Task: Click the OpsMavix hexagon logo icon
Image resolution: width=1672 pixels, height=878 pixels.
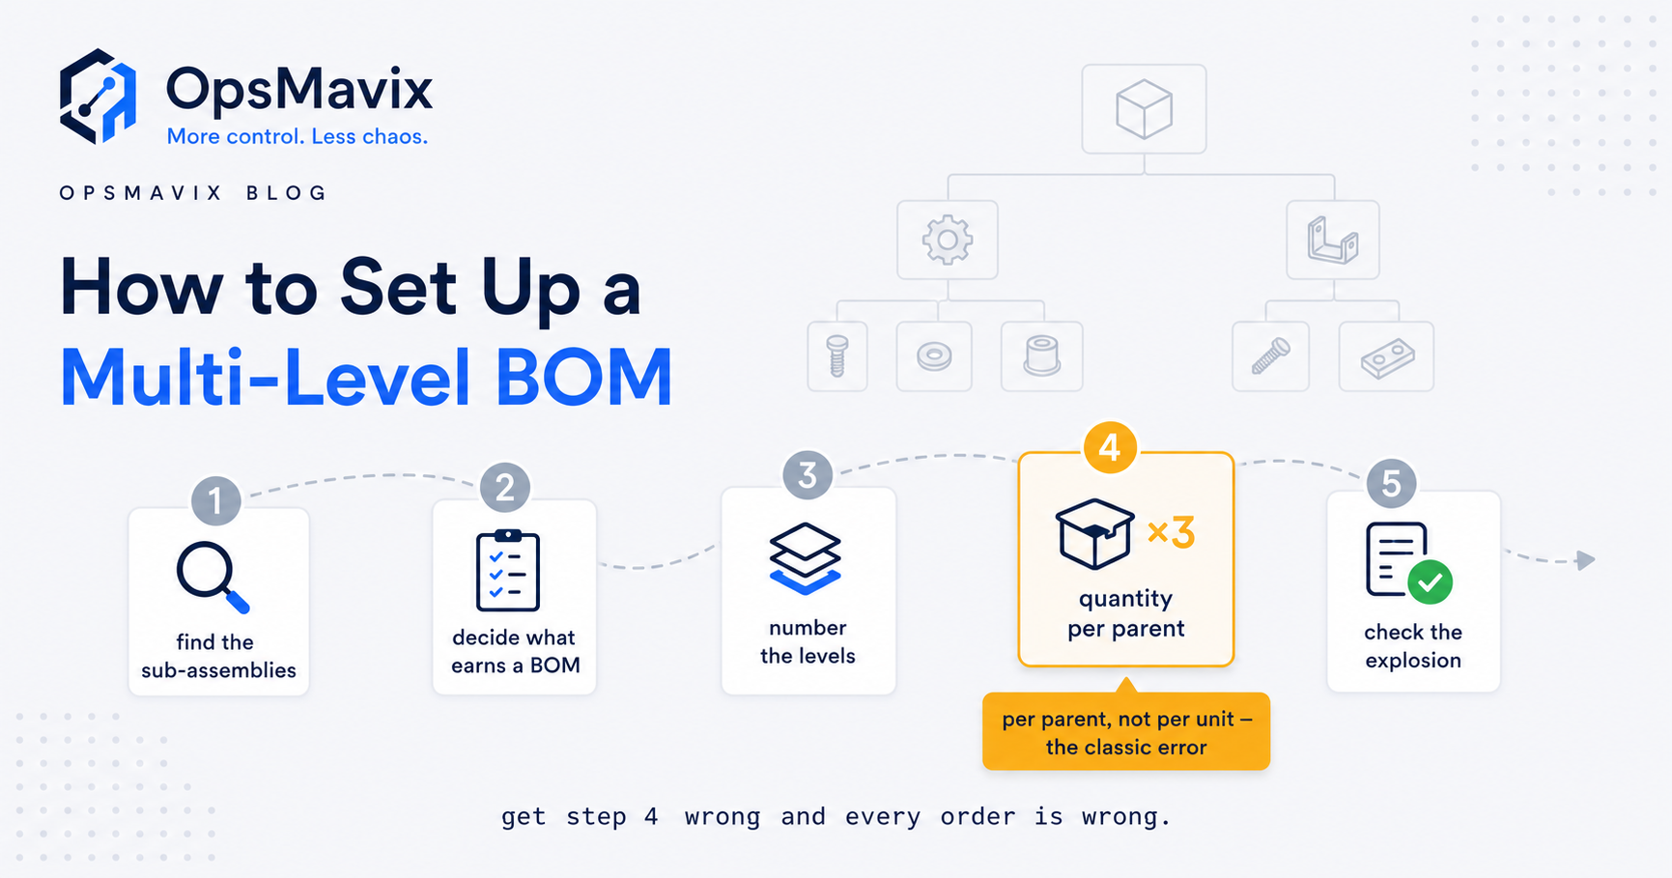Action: (98, 97)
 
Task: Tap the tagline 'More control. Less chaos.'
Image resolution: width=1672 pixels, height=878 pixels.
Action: (298, 136)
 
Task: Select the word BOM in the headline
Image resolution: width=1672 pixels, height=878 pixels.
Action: (583, 378)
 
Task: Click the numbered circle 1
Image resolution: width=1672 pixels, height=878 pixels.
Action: (215, 500)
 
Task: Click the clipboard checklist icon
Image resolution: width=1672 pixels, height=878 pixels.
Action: (508, 570)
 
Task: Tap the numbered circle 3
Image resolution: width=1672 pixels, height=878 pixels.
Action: (808, 474)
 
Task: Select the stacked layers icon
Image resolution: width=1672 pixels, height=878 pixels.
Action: (805, 558)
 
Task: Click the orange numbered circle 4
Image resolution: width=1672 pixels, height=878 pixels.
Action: (1110, 447)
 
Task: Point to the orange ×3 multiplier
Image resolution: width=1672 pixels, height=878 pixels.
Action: (1171, 532)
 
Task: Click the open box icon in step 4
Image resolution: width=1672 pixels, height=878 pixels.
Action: (1094, 533)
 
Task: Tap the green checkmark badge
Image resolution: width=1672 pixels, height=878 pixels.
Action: (1430, 581)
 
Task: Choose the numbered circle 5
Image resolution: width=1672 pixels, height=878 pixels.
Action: (1391, 483)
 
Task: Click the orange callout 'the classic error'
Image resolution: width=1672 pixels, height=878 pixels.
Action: (1126, 731)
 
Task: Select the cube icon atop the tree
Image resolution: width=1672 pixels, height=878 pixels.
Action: (1144, 109)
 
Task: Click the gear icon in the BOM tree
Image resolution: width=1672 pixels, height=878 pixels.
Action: (948, 240)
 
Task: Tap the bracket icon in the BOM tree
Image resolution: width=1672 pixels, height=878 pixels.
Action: (1333, 240)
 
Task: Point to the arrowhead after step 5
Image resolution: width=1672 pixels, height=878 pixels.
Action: (1585, 560)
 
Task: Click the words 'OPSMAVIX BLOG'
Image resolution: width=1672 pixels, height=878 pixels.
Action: (193, 193)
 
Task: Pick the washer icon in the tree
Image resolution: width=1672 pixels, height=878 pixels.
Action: (934, 356)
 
